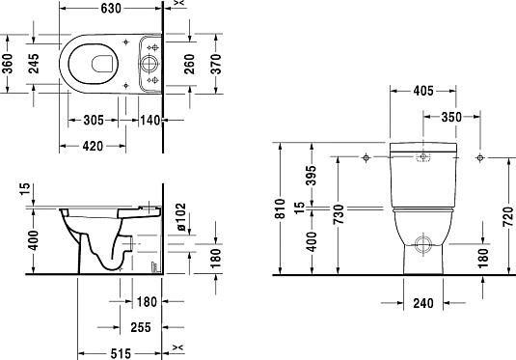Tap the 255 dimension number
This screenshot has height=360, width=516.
142,327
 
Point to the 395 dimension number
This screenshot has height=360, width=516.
312,176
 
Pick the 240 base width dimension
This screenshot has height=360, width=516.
421,303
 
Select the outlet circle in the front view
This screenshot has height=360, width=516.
421,242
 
